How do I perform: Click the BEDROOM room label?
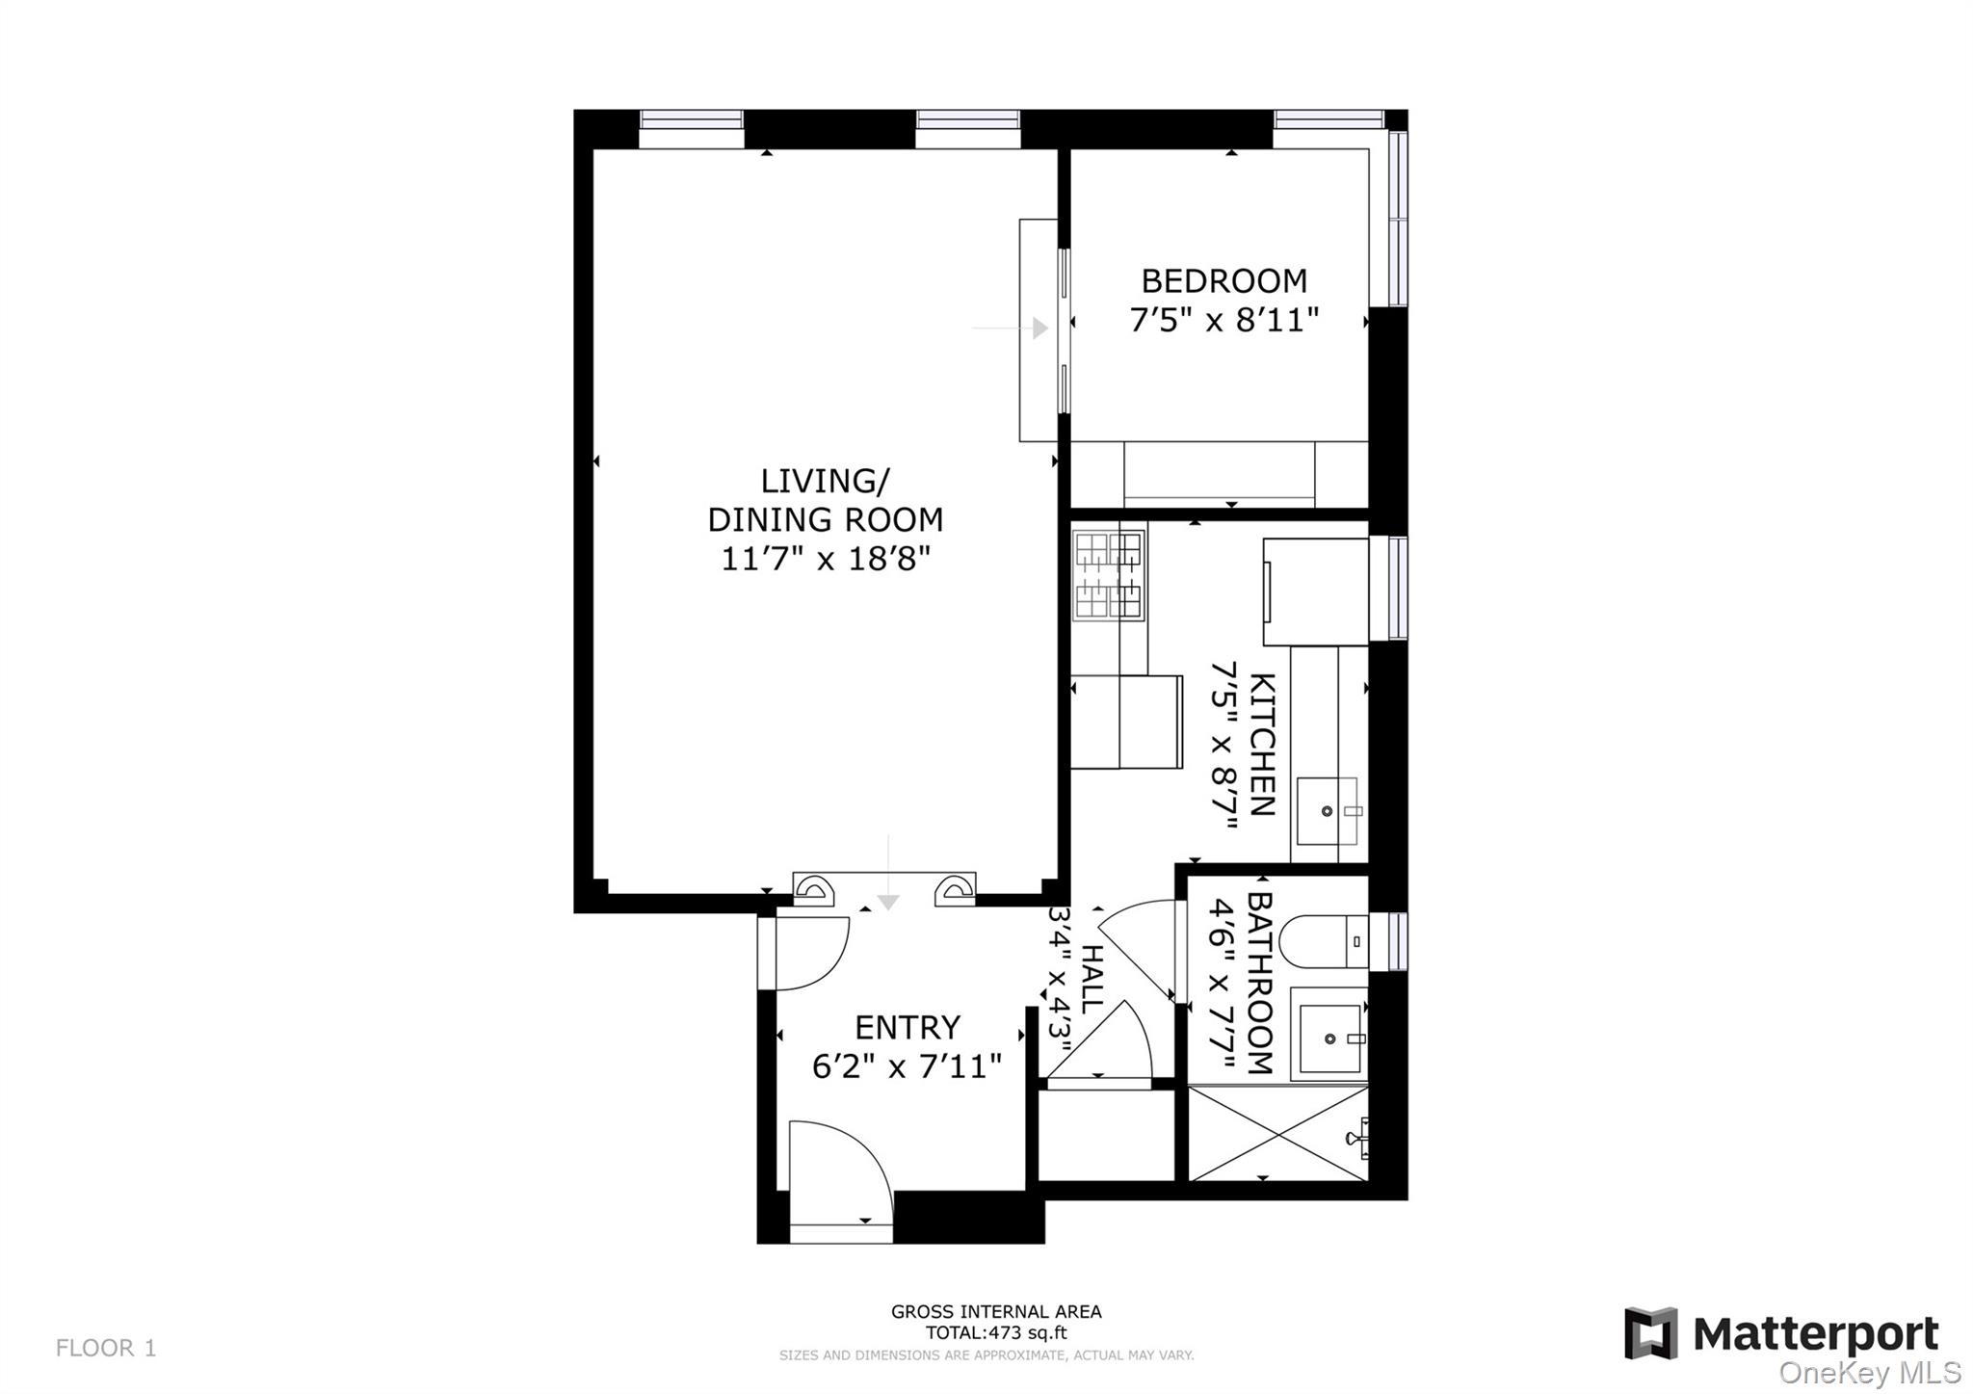[1224, 281]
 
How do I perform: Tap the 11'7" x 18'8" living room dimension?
[826, 559]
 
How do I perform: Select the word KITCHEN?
[1262, 745]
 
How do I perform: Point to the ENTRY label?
[908, 1028]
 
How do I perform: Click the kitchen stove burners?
[1109, 575]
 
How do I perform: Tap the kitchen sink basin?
[1327, 810]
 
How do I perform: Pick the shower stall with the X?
[1278, 1133]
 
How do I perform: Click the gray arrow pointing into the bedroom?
[1011, 329]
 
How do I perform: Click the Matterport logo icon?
[1651, 1333]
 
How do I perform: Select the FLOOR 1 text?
[106, 1348]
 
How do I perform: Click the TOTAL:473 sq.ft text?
[996, 1333]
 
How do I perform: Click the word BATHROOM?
[1260, 983]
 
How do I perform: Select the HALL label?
[1092, 979]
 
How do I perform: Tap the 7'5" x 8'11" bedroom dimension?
[1224, 320]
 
